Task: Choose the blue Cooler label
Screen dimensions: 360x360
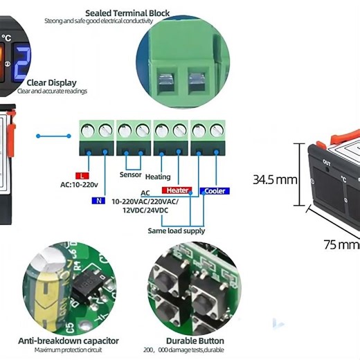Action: tap(215, 190)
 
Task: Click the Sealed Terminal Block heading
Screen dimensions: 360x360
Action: tap(127, 13)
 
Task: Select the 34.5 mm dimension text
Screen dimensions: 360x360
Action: tap(274, 180)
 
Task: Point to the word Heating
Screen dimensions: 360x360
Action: tap(157, 177)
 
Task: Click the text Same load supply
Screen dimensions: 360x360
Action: tap(177, 231)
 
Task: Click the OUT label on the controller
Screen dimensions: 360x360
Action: tap(325, 163)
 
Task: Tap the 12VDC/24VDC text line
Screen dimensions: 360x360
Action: tap(145, 210)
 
